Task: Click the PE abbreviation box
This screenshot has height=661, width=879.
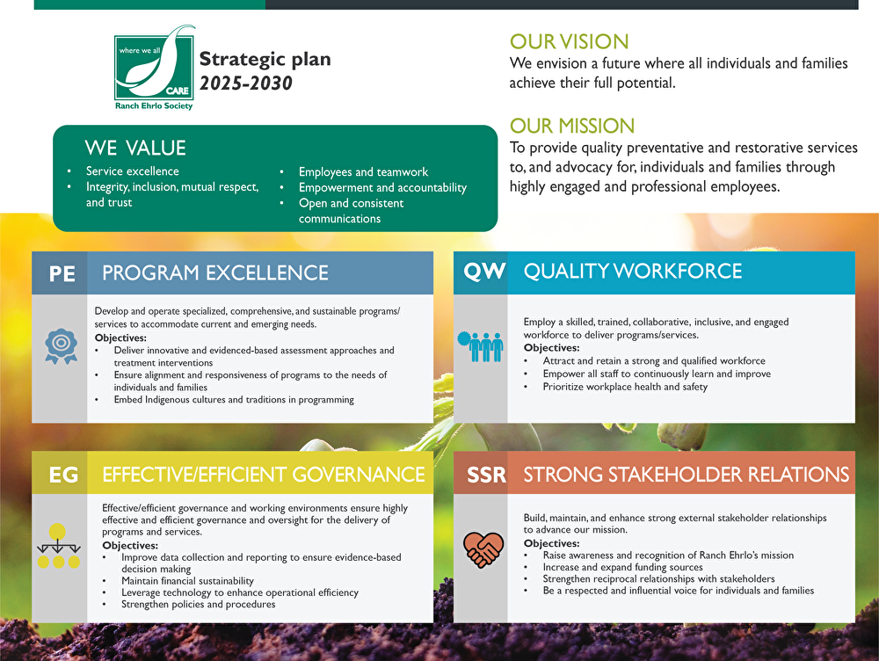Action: (62, 273)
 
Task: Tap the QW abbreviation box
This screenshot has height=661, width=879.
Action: (484, 272)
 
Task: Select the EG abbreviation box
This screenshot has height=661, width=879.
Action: (62, 476)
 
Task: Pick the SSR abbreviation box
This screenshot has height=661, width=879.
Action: (486, 476)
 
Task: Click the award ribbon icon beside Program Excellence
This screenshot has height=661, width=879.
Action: (61, 345)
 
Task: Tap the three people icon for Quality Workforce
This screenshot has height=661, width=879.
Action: (480, 345)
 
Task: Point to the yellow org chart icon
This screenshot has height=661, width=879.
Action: (58, 547)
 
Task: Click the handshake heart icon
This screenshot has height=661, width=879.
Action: (483, 549)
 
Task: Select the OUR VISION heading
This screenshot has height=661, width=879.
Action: (569, 41)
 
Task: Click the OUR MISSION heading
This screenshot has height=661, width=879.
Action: (571, 126)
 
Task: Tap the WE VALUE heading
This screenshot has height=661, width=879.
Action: (135, 148)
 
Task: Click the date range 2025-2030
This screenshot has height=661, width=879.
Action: (245, 84)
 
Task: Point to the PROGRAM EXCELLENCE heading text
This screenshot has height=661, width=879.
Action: (215, 273)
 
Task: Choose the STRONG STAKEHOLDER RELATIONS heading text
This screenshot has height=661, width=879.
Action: (686, 476)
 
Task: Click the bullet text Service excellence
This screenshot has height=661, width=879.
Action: (132, 171)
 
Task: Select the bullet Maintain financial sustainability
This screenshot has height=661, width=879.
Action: (187, 581)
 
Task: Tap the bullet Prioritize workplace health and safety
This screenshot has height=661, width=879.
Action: (625, 387)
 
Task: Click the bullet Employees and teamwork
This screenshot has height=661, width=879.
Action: (363, 172)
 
